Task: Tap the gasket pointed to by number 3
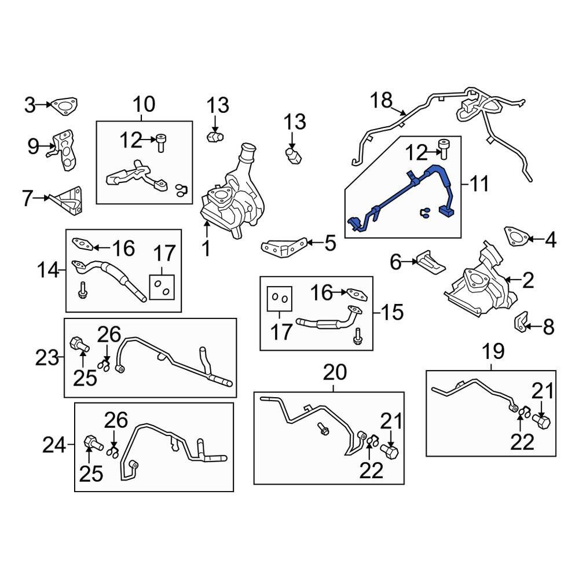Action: pos(63,105)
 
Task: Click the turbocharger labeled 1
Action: pos(232,197)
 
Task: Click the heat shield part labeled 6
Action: pos(431,262)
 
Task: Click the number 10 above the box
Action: pos(144,105)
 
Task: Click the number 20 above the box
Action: pos(334,372)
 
